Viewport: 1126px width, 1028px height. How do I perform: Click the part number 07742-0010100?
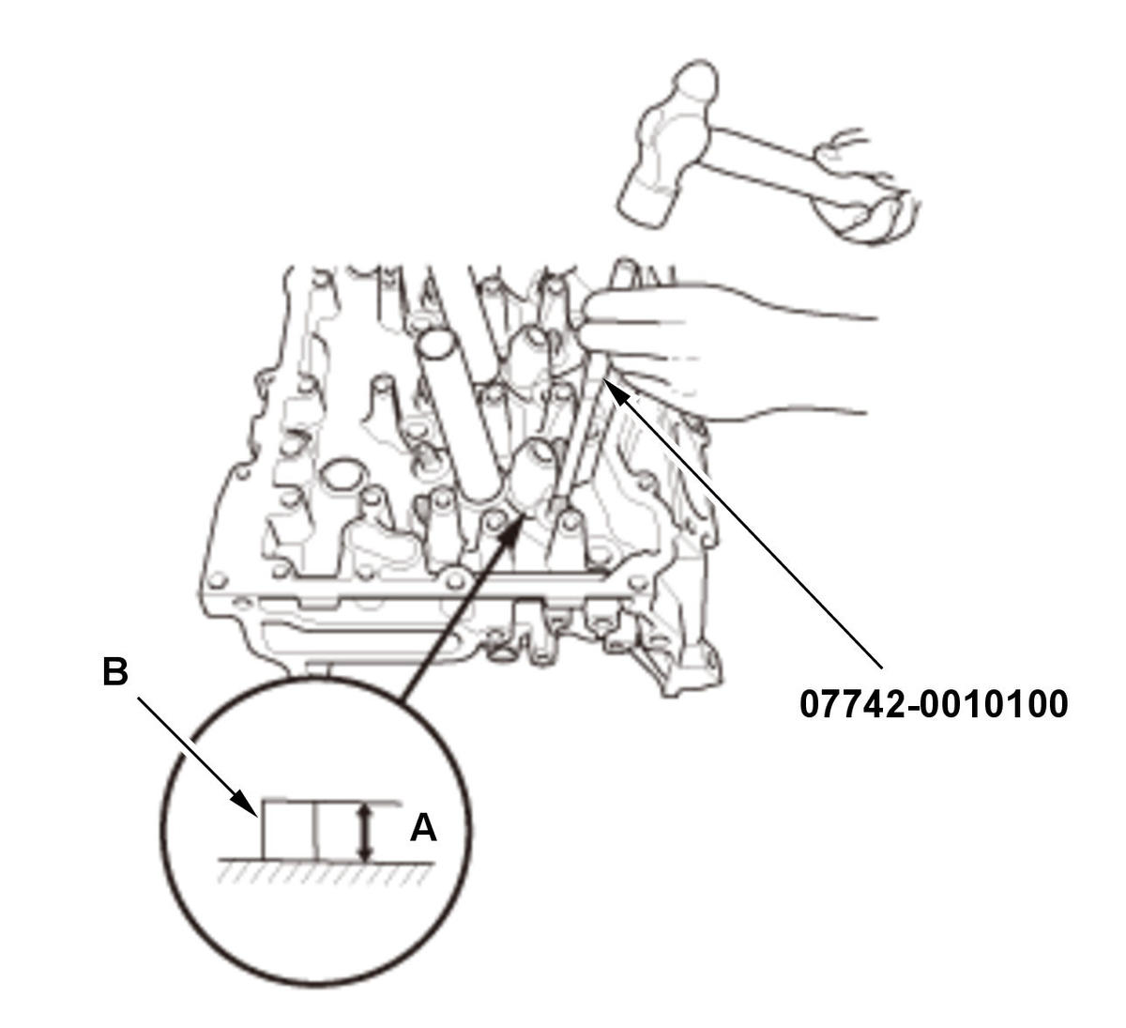933,704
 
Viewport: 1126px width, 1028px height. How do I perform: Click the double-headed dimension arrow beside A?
366,833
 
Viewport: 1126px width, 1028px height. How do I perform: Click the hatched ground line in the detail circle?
327,870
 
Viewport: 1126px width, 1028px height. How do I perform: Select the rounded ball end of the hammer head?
696,82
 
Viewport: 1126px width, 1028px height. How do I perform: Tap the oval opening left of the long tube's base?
342,475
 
